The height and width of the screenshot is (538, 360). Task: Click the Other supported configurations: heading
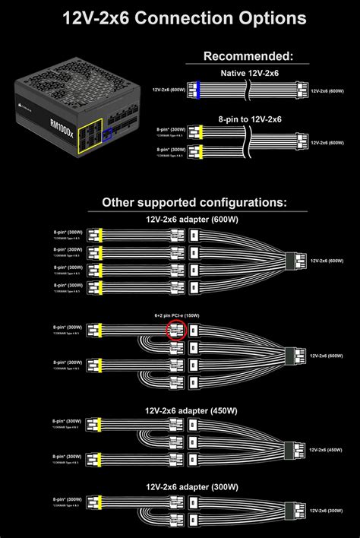(194, 203)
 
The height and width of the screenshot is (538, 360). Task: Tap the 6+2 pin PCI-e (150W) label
(177, 315)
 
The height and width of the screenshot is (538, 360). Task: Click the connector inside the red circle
(177, 331)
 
